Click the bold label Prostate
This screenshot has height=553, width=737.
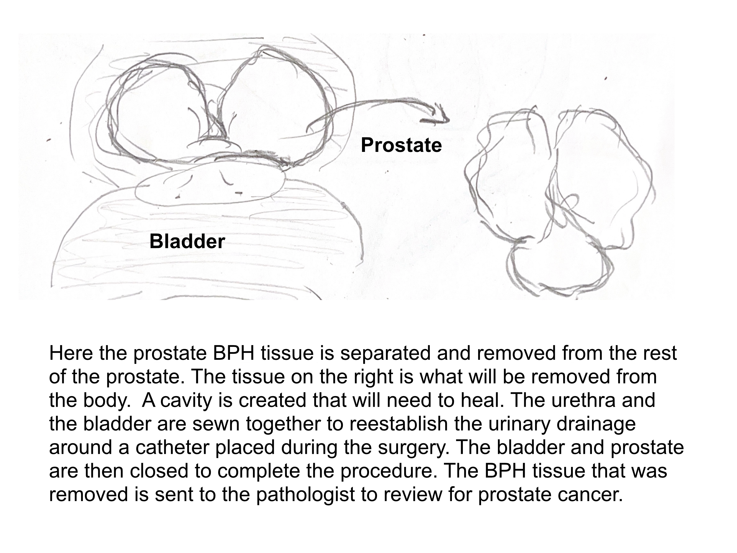[x=401, y=145]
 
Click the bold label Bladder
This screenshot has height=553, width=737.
[x=187, y=241]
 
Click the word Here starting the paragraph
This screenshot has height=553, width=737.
[x=71, y=353]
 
